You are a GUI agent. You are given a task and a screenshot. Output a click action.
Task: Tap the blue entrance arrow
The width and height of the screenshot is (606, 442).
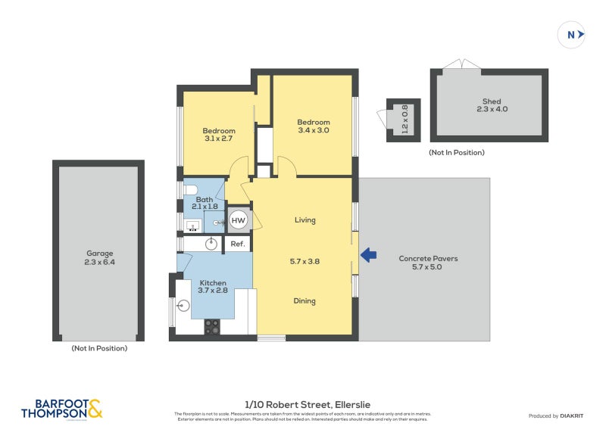[x=368, y=255]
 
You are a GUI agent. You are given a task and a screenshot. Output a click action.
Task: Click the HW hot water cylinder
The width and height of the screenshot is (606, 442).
[x=238, y=220]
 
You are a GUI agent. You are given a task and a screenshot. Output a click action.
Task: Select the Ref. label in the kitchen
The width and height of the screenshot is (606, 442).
[x=237, y=244]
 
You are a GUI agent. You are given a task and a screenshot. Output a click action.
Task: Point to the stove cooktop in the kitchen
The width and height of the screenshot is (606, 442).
[x=212, y=326]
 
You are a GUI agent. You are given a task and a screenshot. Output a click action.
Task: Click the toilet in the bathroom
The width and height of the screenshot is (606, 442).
[x=190, y=190]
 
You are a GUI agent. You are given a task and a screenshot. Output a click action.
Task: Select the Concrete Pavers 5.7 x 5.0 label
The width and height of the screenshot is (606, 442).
[x=428, y=263]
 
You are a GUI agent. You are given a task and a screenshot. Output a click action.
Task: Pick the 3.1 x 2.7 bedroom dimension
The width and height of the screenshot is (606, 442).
[x=218, y=139]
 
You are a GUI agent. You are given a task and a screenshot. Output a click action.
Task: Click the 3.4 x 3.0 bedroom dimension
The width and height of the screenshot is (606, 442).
[x=313, y=130]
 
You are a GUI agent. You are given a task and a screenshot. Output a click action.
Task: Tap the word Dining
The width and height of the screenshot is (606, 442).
[x=305, y=301]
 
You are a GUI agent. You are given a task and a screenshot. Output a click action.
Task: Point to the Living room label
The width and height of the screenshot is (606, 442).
[x=305, y=220]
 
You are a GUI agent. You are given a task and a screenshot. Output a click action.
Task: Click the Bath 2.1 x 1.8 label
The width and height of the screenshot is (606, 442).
[x=205, y=202]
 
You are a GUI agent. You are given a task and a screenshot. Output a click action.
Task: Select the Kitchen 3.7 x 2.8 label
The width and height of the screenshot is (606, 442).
[x=213, y=286]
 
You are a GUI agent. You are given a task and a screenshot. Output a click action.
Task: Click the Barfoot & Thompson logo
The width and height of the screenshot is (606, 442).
[x=61, y=409]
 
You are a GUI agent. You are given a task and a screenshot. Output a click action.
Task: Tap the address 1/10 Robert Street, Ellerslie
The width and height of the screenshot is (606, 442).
[x=307, y=405]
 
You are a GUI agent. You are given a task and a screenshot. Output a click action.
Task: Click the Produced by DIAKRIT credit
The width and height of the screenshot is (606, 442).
[x=560, y=416]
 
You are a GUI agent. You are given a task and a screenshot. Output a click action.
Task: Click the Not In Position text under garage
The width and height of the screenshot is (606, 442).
[x=98, y=348]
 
